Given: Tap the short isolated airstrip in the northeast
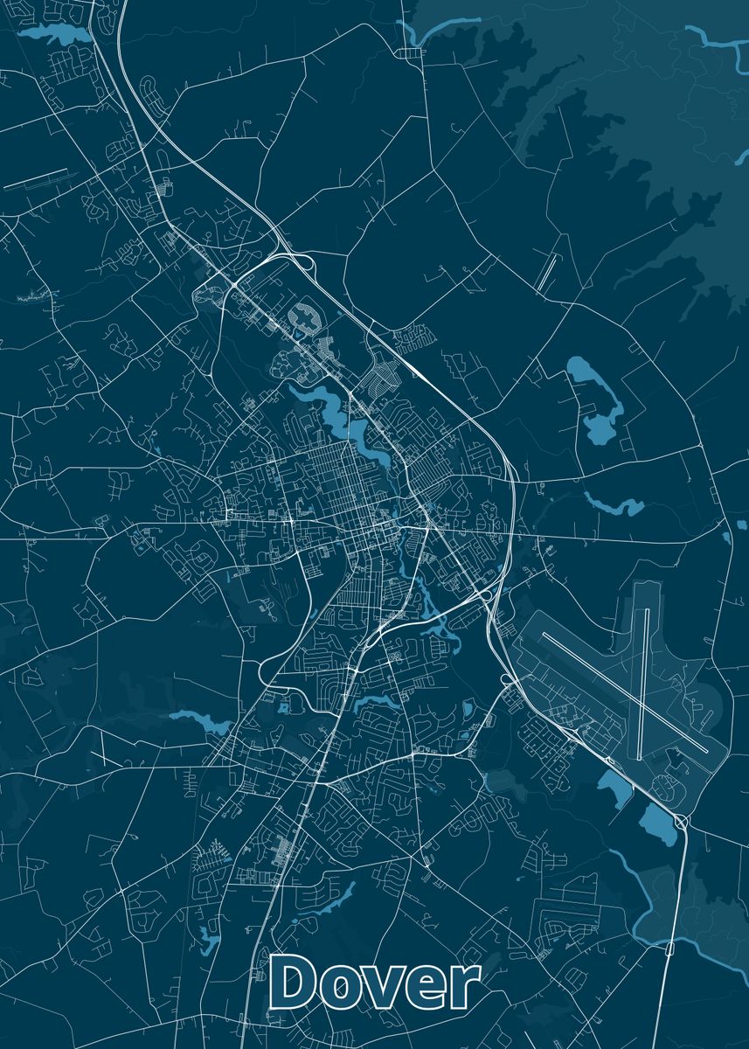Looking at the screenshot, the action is coord(545,271).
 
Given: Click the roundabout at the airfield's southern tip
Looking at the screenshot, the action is coord(680,821).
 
